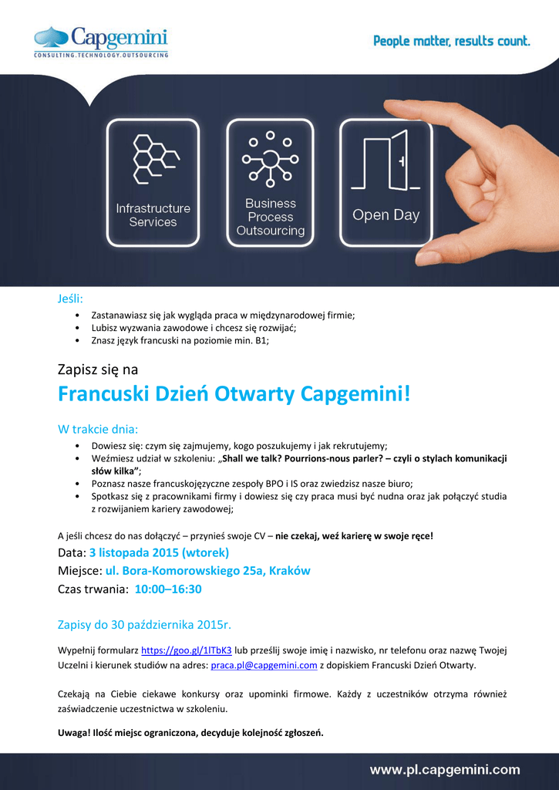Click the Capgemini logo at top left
(100, 42)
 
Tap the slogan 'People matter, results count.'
(452, 41)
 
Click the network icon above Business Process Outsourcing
(270, 158)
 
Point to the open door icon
(386, 163)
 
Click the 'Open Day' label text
(386, 215)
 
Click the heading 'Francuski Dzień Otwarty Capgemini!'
(234, 394)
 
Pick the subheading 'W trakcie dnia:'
(98, 428)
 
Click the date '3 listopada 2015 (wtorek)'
(159, 552)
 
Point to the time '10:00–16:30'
(168, 589)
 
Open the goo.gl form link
(187, 650)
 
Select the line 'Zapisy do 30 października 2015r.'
(145, 624)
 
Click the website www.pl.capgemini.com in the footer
(445, 769)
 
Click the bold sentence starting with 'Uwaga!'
(190, 733)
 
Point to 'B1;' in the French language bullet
(262, 340)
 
